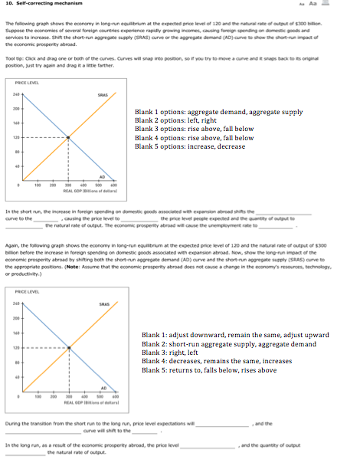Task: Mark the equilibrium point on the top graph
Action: [68, 137]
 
